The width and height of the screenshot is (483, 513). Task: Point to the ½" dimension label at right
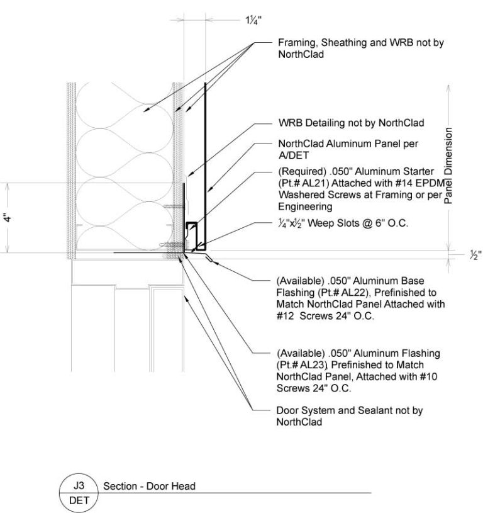[475, 256]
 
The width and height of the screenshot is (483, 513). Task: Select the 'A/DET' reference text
[292, 154]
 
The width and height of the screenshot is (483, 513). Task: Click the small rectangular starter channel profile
[191, 232]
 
